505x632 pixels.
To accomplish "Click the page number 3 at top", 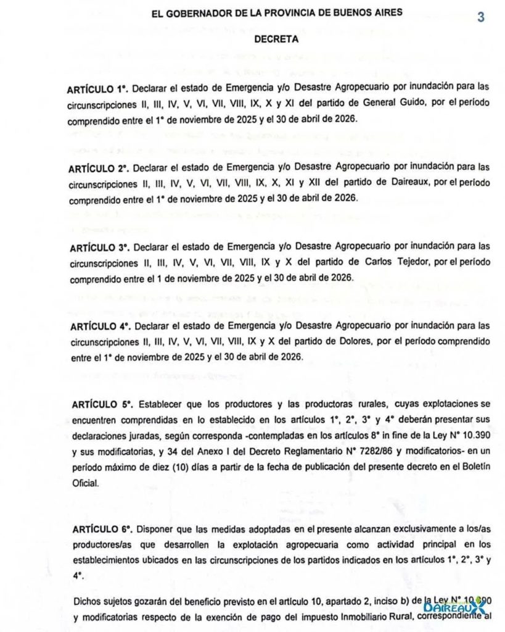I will coord(480,17).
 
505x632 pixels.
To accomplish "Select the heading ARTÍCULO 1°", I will coord(98,88).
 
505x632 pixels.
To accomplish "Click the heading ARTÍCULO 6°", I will coord(102,530).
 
